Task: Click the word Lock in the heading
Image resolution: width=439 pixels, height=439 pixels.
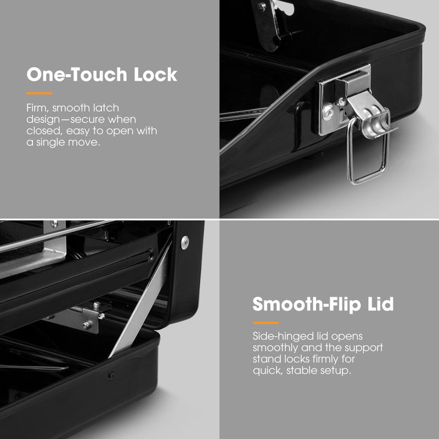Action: pyautogui.click(x=155, y=75)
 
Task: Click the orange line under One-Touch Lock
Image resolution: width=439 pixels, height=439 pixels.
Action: pyautogui.click(x=39, y=93)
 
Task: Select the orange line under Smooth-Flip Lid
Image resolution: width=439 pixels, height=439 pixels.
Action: pyautogui.click(x=266, y=323)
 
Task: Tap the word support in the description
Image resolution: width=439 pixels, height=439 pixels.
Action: pyautogui.click(x=363, y=348)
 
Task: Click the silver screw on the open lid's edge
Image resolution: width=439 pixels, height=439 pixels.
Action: pyautogui.click(x=185, y=243)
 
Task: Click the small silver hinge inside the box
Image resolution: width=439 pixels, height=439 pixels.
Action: pyautogui.click(x=84, y=318)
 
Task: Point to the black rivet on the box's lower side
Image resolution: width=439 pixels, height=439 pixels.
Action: pyautogui.click(x=111, y=375)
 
